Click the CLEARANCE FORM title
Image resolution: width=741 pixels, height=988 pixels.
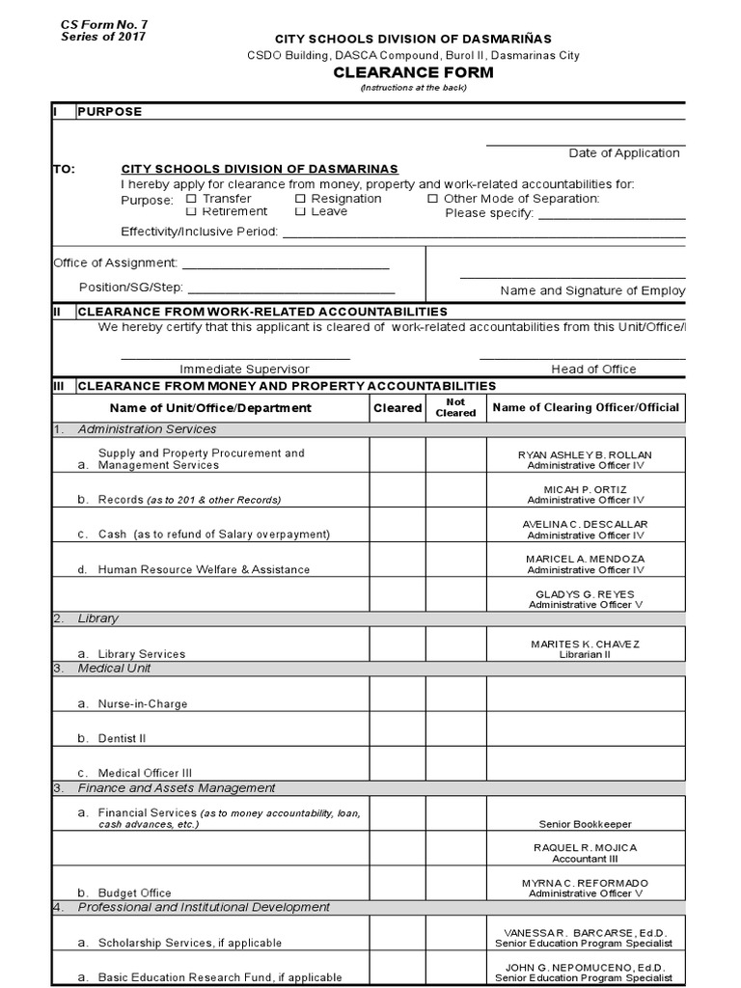[414, 72]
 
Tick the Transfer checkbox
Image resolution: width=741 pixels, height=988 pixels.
[191, 199]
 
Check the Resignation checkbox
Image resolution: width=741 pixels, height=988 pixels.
[300, 199]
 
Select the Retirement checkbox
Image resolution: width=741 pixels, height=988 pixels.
[191, 211]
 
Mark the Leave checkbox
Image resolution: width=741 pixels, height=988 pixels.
[300, 211]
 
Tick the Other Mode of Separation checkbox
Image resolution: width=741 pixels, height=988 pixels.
[432, 199]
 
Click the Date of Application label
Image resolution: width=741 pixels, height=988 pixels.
[623, 152]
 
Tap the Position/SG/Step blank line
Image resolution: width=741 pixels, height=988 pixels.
[290, 291]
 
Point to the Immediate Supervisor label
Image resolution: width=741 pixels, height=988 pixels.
[244, 369]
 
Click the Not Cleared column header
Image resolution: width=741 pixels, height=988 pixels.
[455, 407]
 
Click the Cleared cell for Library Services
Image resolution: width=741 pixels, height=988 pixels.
[398, 644]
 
